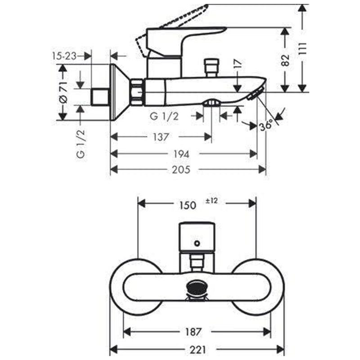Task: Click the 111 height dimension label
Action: tap(303, 49)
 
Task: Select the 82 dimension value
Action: tap(285, 60)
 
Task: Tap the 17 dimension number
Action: tap(238, 63)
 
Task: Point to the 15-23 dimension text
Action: tap(64, 56)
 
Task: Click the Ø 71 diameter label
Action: tap(63, 92)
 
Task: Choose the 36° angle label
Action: tap(266, 125)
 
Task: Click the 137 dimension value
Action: tap(161, 137)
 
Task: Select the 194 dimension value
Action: tap(181, 154)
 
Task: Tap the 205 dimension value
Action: tap(181, 170)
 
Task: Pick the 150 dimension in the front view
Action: tap(188, 205)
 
